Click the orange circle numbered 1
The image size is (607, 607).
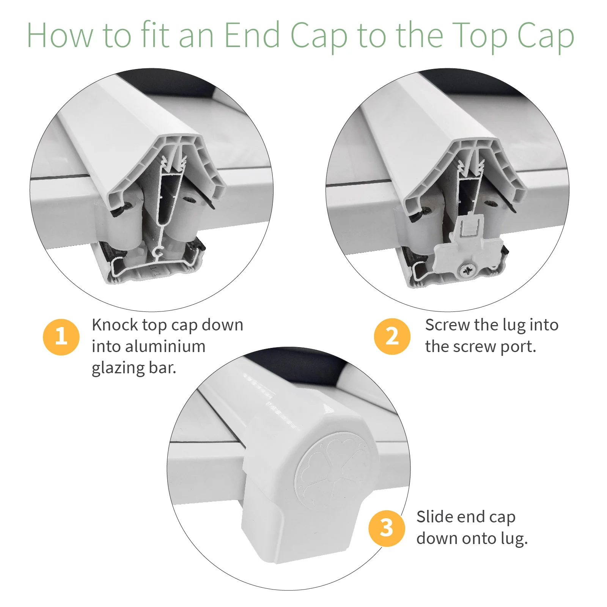coord(61,337)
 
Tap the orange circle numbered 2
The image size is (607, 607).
coord(392,337)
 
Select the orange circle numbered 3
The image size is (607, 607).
coord(387,528)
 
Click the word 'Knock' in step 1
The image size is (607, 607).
coord(115,325)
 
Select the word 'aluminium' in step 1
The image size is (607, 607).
coord(165,346)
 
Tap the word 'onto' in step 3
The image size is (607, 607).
coord(471,539)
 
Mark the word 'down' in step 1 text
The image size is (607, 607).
coord(222,325)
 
